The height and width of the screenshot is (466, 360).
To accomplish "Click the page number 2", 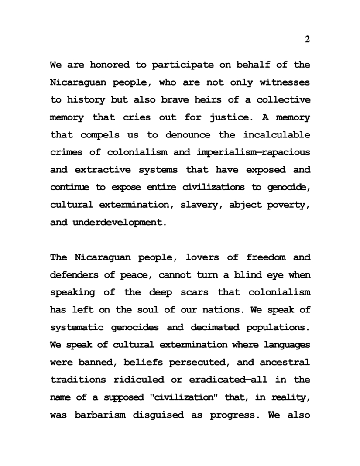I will click(307, 40).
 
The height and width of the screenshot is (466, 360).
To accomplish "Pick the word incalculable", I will click(277, 135).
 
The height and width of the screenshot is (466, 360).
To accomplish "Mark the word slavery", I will click(195, 205).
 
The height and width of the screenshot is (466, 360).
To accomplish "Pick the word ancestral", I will click(285, 362).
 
